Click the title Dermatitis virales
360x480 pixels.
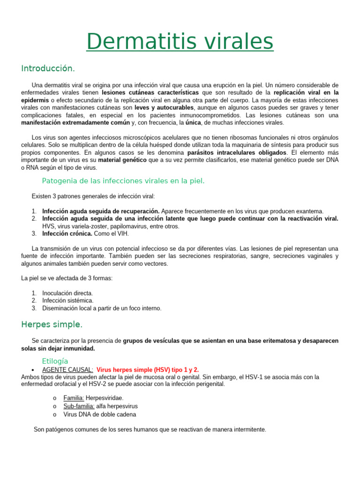pyautogui.click(x=180, y=42)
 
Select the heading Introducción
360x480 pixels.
pyautogui.click(x=48, y=68)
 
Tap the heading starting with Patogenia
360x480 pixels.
pyautogui.click(x=123, y=180)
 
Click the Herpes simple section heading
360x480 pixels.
pyautogui.click(x=52, y=324)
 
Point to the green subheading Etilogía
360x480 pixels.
pyautogui.click(x=55, y=361)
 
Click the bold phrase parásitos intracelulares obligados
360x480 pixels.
pyautogui.click(x=237, y=153)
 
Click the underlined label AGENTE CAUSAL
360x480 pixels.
pyautogui.click(x=67, y=370)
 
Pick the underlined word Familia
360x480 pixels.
pyautogui.click(x=74, y=398)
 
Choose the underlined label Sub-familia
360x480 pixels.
pyautogui.click(x=79, y=406)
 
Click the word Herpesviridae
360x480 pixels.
pyautogui.click(x=105, y=398)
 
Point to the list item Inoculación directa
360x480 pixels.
pyautogui.click(x=67, y=293)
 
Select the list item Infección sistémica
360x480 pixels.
pyautogui.click(x=67, y=300)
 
